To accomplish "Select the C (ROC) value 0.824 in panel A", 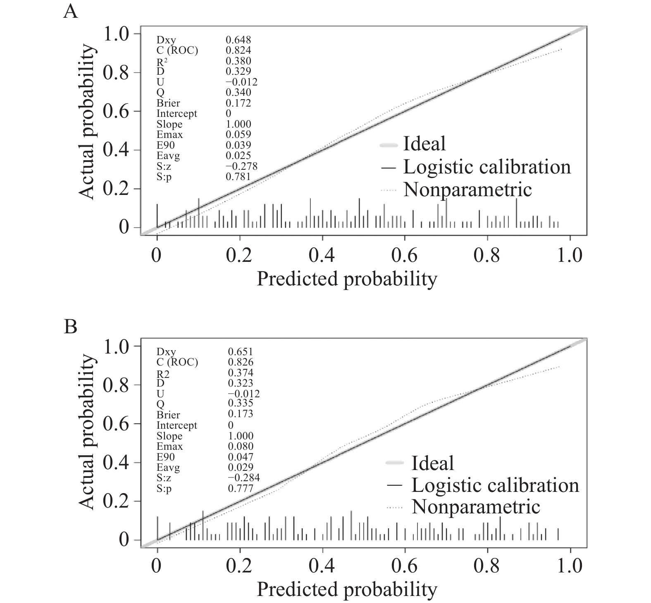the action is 238,50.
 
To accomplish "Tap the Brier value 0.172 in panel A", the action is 238,103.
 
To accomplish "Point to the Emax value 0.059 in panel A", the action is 238,134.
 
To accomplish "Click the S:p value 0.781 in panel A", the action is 238,176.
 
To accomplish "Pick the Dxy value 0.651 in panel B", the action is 241,352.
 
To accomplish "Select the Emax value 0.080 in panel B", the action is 241,446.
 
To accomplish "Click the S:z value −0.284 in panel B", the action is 243,478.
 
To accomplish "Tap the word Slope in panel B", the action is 169,436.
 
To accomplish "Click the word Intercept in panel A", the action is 176,114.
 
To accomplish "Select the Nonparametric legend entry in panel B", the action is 476,506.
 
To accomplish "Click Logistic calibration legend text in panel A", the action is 487,166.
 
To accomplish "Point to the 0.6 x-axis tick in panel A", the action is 404,255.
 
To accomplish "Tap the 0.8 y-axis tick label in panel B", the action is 116,385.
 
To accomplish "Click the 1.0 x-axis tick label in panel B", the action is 570,565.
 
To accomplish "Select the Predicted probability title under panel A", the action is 347,279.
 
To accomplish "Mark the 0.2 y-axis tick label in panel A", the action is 116,189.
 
